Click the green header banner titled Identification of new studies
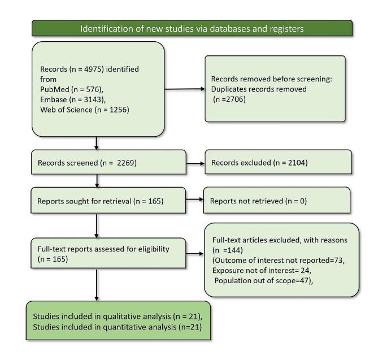192,28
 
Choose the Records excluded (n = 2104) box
276,163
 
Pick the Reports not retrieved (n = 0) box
276,201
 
